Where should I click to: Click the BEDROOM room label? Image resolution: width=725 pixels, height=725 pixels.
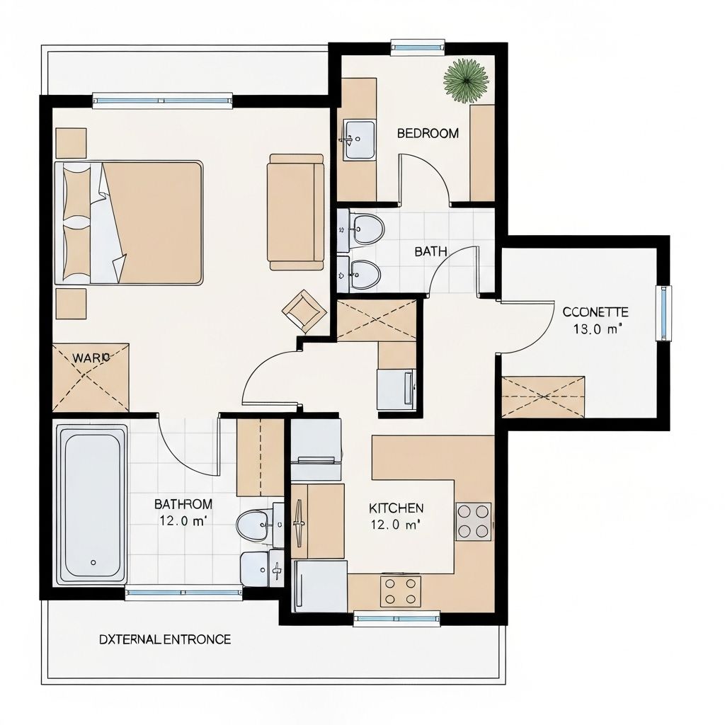[x=427, y=133]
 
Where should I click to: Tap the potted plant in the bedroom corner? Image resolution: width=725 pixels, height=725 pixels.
[x=466, y=80]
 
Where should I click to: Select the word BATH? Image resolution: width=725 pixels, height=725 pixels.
[x=430, y=251]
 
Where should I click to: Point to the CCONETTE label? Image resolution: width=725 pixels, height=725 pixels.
[x=595, y=312]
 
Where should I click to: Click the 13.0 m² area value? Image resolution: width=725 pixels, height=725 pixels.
[x=595, y=329]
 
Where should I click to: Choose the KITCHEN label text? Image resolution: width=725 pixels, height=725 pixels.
[x=396, y=508]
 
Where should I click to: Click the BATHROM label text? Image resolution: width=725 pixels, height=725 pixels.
[x=183, y=504]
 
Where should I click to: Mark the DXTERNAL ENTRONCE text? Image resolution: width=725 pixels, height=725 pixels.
[x=164, y=639]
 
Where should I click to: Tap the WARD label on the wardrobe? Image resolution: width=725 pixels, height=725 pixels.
[x=91, y=358]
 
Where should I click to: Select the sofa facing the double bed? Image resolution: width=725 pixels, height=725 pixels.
[x=295, y=212]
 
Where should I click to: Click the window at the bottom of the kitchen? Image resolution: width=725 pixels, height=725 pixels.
[x=396, y=620]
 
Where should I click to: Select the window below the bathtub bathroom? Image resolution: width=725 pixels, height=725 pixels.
[x=183, y=593]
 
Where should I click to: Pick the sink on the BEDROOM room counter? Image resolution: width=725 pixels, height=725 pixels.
[x=360, y=139]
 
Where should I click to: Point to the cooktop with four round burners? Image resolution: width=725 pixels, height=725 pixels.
[x=473, y=521]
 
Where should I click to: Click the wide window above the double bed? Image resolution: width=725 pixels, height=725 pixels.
[x=163, y=101]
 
